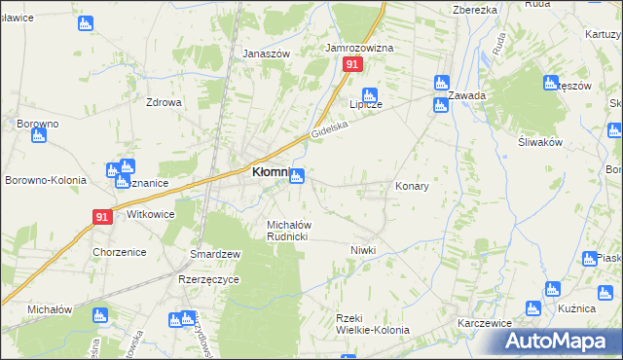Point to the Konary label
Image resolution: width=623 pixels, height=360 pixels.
[412, 185]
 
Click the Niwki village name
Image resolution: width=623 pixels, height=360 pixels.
[363, 250]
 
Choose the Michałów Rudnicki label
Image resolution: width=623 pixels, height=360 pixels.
[288, 231]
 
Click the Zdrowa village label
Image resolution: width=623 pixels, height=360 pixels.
[164, 103]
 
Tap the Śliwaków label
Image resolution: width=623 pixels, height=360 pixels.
[541, 141]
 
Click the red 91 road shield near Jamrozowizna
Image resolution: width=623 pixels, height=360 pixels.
[352, 64]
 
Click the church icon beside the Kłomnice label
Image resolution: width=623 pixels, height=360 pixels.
[297, 175]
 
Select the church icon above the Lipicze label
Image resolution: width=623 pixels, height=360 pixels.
[370, 94]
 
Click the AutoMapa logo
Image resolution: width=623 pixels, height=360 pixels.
[558, 342]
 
